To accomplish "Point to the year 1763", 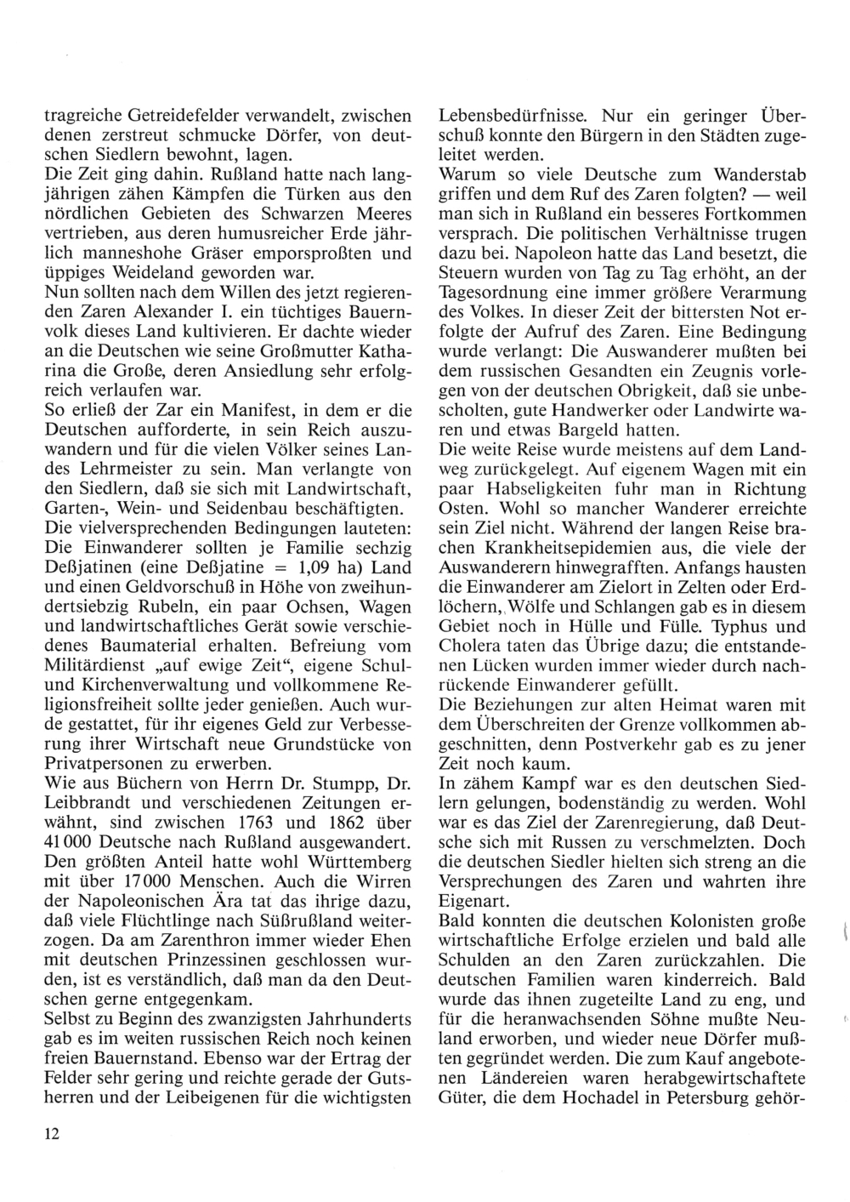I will pos(249,821).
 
